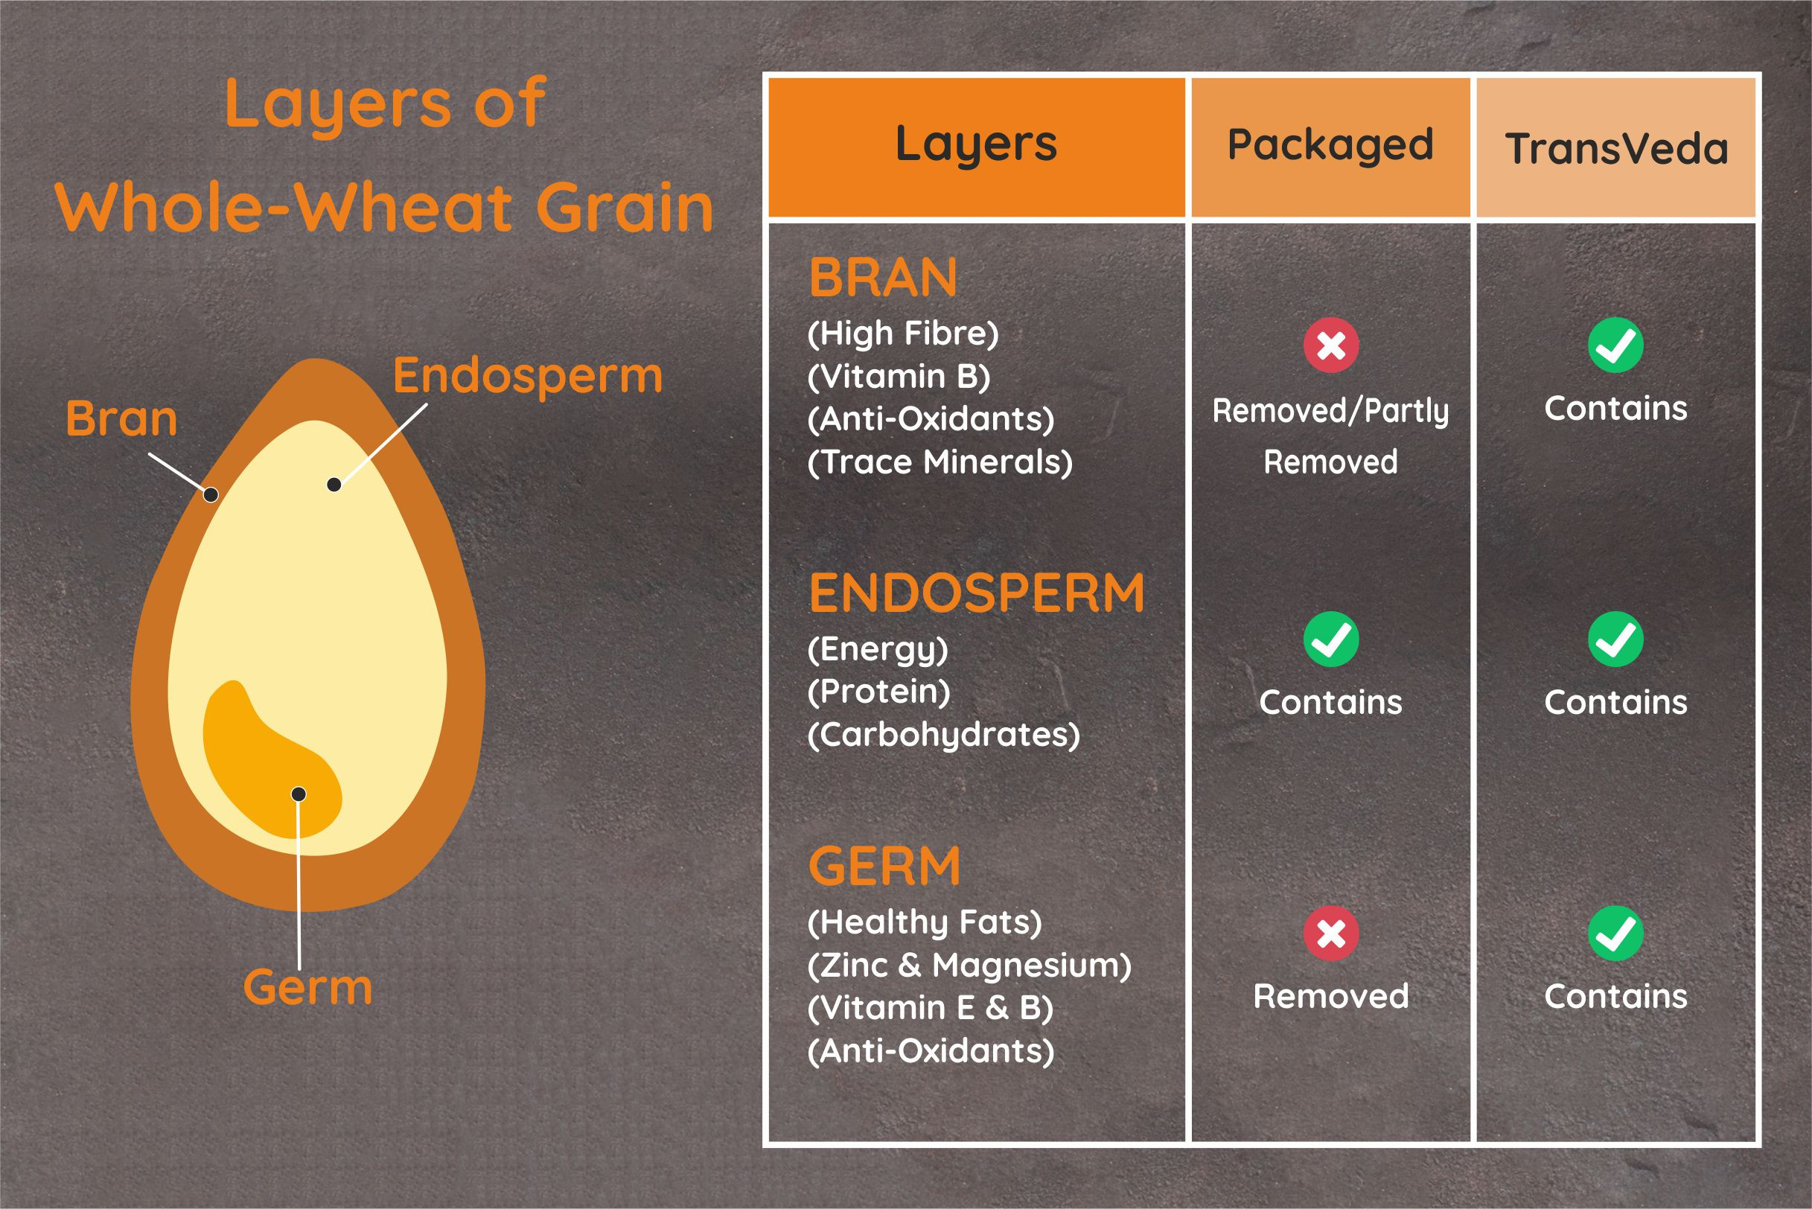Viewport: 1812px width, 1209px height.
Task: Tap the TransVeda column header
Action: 1616,148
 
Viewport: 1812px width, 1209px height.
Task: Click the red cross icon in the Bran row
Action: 1331,345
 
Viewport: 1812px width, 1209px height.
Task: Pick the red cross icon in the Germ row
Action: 1331,934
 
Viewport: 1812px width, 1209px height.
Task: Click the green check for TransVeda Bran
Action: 1615,345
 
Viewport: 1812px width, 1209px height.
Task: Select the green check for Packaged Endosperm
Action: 1331,639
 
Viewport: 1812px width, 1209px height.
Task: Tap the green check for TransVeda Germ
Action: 1615,934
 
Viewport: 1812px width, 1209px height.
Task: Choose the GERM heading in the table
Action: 884,867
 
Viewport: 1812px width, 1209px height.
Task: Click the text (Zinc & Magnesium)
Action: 969,966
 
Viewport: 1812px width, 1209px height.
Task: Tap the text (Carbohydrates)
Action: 944,735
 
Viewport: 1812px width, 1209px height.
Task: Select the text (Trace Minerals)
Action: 940,462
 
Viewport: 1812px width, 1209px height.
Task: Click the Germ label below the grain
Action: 307,988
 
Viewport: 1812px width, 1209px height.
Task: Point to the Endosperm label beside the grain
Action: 528,377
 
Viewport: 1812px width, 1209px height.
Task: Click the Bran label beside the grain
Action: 122,418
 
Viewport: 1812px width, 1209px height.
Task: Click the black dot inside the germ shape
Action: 299,794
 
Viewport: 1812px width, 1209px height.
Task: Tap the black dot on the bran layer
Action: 211,495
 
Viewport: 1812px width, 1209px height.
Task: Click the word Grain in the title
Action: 625,208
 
